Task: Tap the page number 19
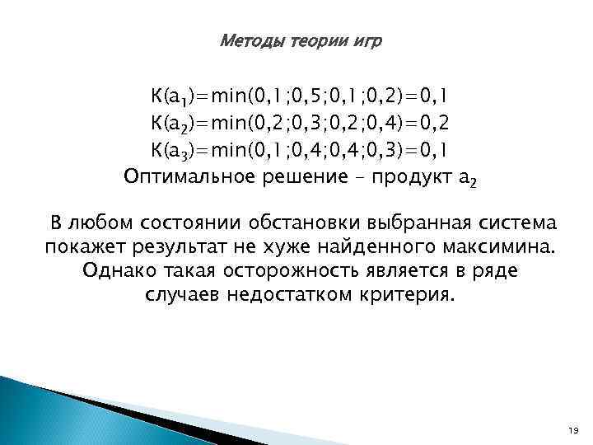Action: point(573,430)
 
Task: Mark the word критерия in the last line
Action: point(412,295)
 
